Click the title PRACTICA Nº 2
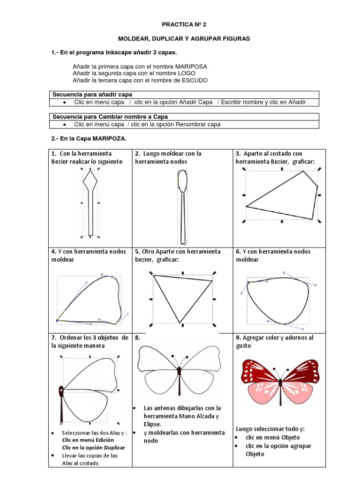(184, 24)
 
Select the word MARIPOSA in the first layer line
(191, 67)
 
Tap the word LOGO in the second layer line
(187, 73)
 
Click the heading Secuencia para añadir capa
(92, 95)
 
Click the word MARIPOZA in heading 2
(110, 138)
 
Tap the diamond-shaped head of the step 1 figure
(90, 180)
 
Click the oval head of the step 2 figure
(182, 180)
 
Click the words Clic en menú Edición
(88, 440)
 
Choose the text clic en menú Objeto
(273, 437)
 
